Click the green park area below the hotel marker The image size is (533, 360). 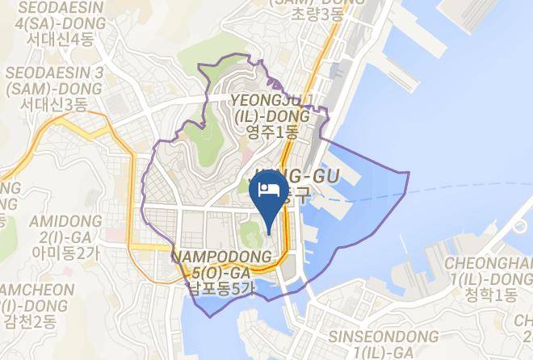coord(250,239)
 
